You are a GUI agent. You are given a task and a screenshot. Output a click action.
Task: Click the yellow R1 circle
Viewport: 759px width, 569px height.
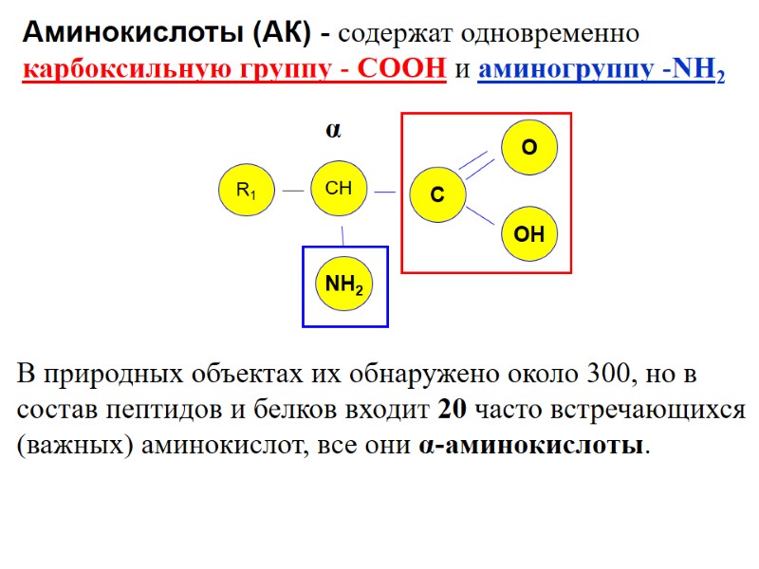point(246,191)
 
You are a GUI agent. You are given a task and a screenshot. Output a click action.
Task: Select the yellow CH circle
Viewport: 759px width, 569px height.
point(339,189)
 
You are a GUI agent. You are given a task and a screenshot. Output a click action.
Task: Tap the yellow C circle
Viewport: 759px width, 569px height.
point(436,195)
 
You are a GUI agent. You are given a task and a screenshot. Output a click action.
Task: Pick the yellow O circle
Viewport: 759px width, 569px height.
point(529,148)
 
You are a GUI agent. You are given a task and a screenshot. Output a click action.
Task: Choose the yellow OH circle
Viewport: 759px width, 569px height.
point(529,233)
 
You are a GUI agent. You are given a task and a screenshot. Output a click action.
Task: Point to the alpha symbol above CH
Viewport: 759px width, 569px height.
point(333,130)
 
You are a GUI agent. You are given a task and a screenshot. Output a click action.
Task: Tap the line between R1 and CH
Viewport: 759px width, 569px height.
point(292,191)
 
